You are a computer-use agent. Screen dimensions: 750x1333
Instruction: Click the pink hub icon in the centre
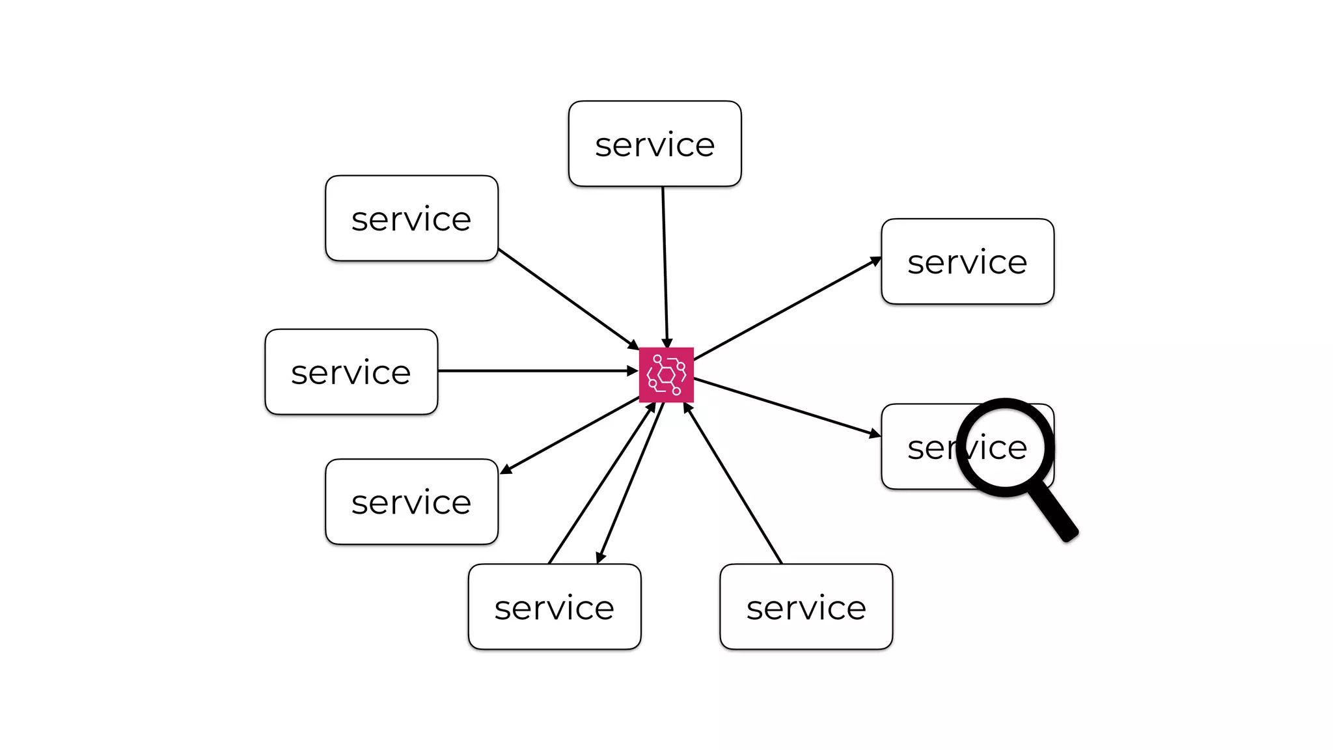point(666,374)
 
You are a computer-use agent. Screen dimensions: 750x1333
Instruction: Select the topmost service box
point(654,144)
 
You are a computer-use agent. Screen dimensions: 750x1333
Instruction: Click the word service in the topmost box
point(654,145)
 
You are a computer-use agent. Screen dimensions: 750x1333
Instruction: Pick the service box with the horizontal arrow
point(351,372)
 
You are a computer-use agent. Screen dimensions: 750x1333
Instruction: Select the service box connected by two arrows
point(554,606)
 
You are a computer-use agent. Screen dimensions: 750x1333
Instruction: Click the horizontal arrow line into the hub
point(534,370)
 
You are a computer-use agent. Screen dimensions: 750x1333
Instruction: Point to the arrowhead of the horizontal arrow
point(633,370)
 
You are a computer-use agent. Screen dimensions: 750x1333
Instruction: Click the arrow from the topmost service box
point(665,260)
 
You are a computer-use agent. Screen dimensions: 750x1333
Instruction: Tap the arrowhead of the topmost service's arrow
point(666,343)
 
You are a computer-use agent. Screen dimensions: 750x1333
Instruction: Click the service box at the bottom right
point(806,606)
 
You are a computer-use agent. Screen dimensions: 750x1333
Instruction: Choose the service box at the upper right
point(967,261)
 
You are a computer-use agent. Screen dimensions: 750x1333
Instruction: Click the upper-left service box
point(411,218)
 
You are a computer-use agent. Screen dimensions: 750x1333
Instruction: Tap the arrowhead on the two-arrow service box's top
point(600,558)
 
